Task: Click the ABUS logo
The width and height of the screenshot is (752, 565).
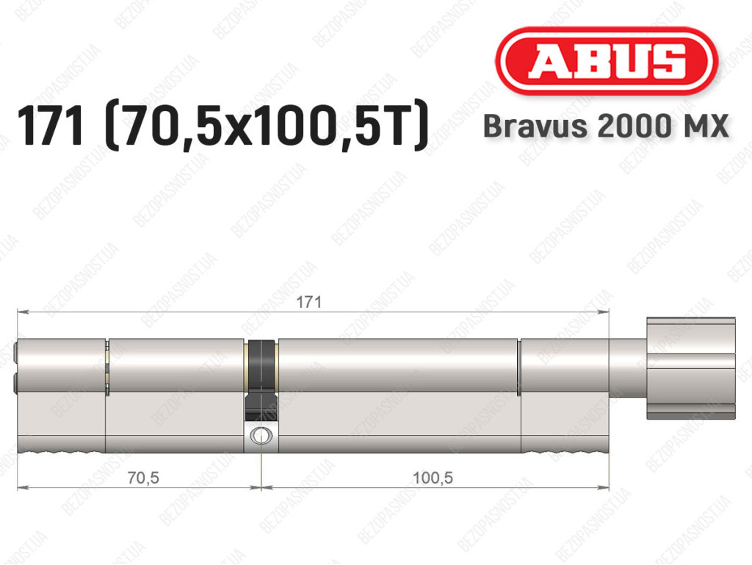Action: click(606, 61)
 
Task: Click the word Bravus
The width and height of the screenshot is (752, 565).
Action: click(535, 126)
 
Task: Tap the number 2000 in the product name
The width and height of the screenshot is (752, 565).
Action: click(634, 126)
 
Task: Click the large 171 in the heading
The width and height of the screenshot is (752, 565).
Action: click(51, 126)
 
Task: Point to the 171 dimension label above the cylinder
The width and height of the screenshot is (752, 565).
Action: click(308, 302)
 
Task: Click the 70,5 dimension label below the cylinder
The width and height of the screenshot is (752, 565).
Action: click(143, 478)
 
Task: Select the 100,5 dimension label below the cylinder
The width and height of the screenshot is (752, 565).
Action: click(433, 478)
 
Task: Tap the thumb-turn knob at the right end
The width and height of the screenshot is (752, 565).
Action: click(690, 368)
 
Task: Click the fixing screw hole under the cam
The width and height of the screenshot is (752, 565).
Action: click(261, 436)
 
